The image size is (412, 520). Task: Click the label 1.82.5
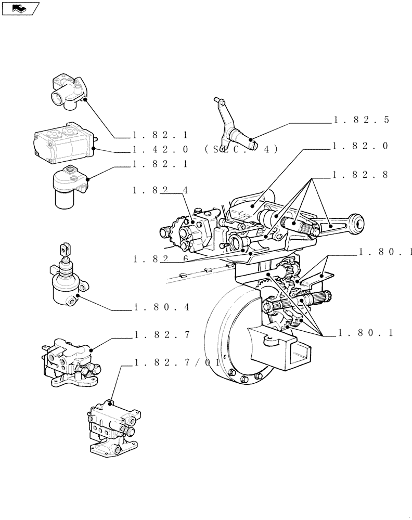point(361,120)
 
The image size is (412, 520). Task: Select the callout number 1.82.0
point(361,146)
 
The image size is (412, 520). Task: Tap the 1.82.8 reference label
point(361,176)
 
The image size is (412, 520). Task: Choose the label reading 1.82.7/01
point(175,362)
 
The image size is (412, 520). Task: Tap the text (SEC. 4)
point(242,150)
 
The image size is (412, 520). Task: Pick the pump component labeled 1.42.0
point(63,141)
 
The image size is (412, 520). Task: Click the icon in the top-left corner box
point(20,7)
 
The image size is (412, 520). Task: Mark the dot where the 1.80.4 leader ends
point(76,296)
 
